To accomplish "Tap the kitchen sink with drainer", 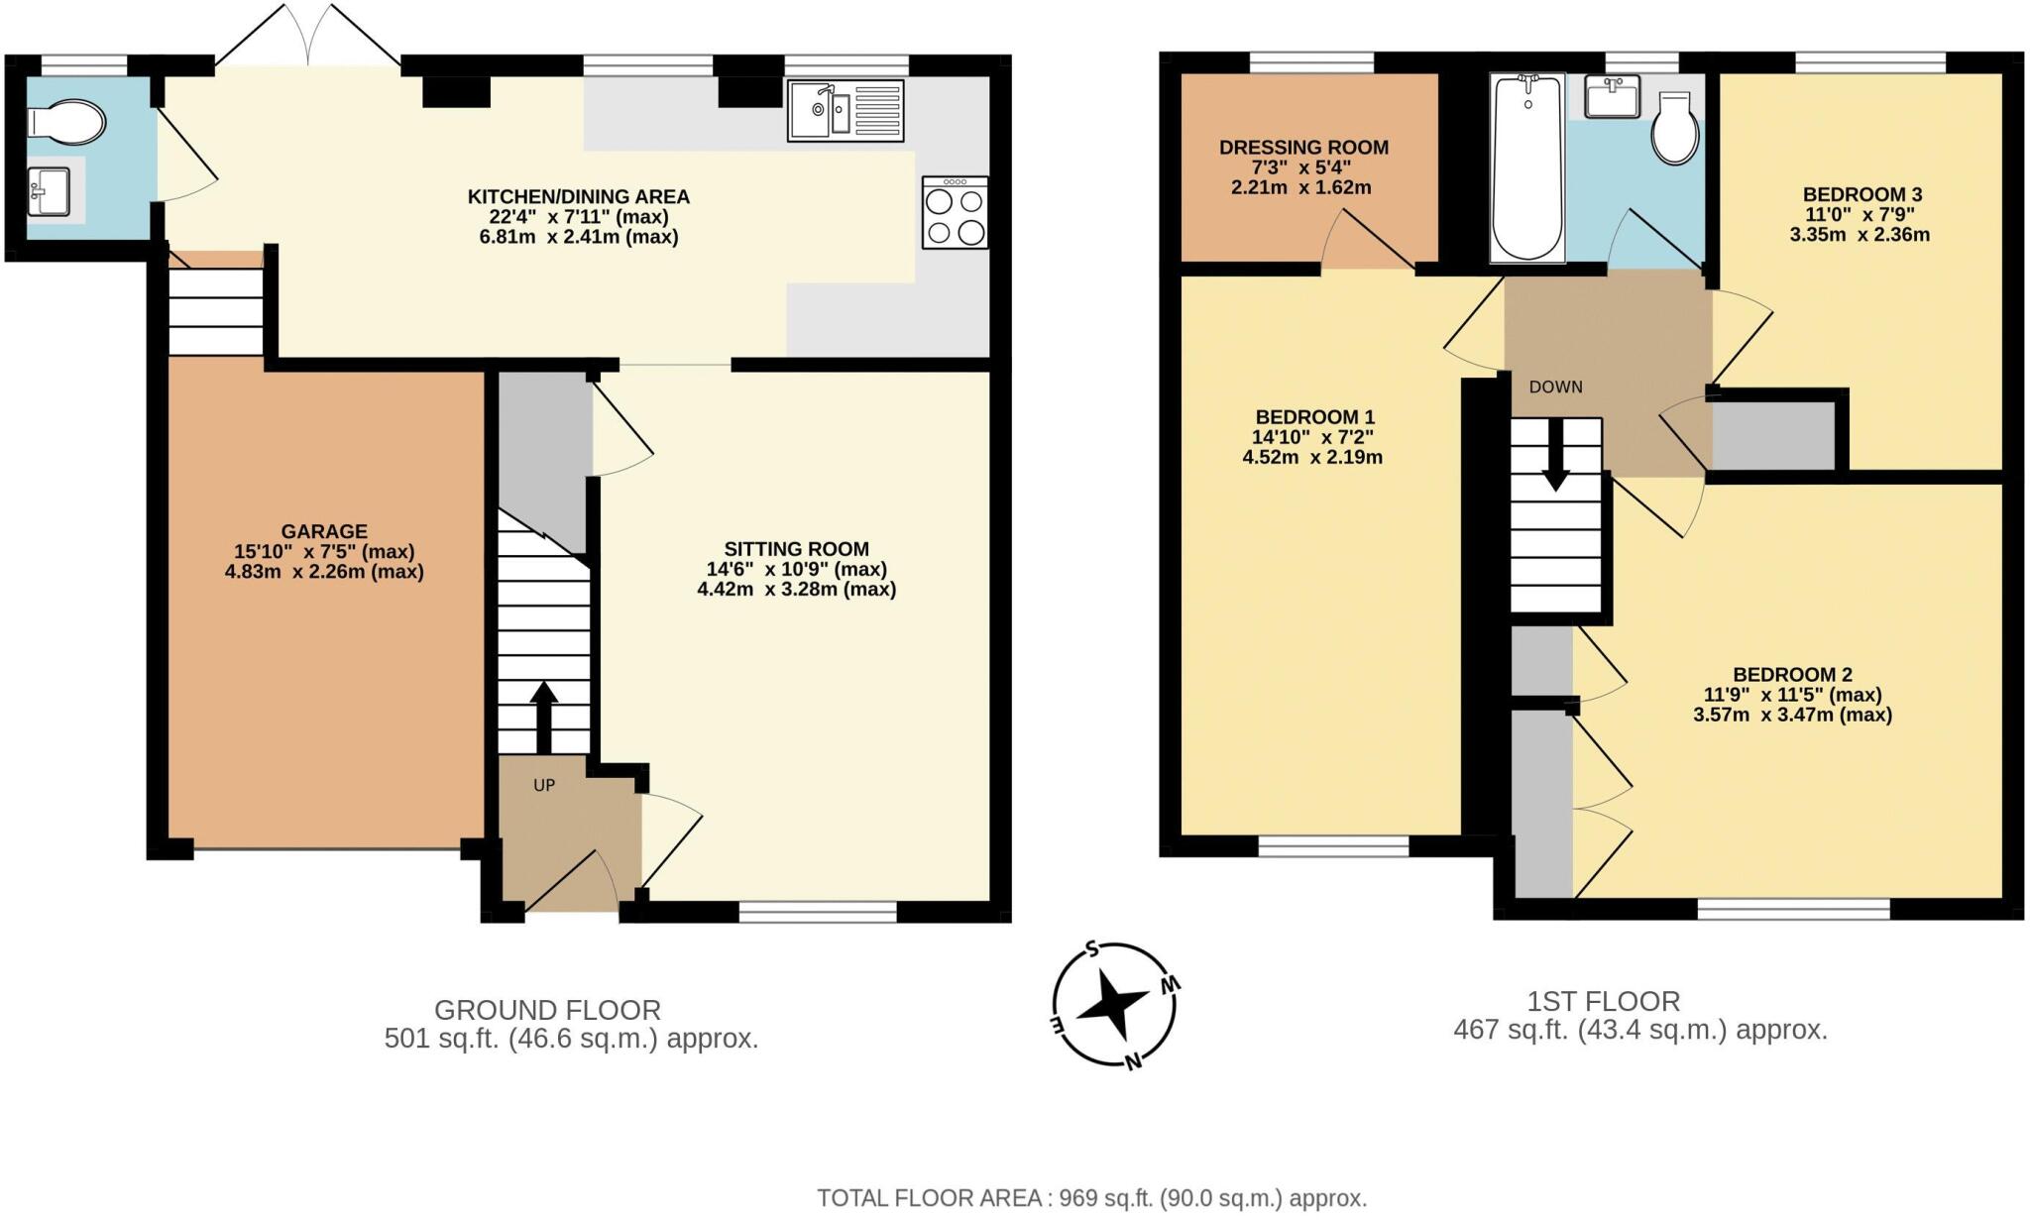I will click(x=846, y=111).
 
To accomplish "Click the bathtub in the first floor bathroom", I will click(x=1527, y=168).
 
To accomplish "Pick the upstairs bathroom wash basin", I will click(x=1612, y=97).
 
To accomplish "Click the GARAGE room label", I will click(x=324, y=531).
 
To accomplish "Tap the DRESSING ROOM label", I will click(x=1303, y=148).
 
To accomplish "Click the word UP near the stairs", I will click(x=544, y=786).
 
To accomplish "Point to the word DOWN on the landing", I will click(x=1555, y=388).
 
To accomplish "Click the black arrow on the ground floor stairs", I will click(x=543, y=716).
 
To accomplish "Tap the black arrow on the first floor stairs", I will click(x=1555, y=456).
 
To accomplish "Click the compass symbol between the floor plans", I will click(x=1114, y=1005).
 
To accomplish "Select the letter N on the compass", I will click(x=1132, y=1062).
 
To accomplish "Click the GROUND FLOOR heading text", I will click(x=547, y=1011).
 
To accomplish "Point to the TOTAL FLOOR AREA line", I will click(x=1091, y=1198).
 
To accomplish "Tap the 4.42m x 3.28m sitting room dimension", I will click(x=796, y=590).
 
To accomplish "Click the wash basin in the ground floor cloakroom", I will click(x=50, y=189).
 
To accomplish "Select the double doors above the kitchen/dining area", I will click(x=308, y=38).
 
